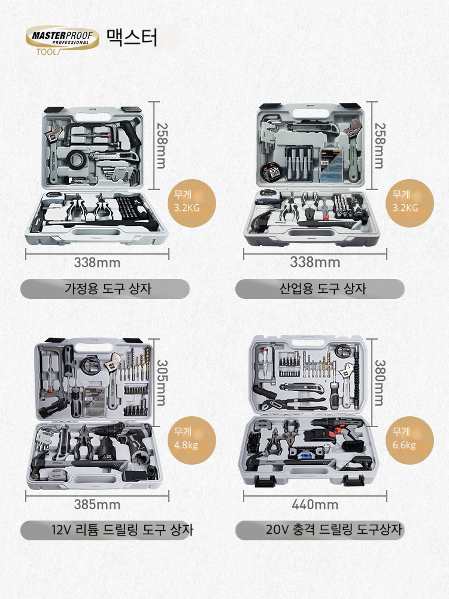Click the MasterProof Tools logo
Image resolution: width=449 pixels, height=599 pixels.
tap(62, 40)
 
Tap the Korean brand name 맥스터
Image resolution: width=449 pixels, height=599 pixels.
tap(132, 37)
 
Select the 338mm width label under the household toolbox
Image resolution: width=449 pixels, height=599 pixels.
tap(97, 262)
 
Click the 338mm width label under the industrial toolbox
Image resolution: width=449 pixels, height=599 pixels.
tap(315, 262)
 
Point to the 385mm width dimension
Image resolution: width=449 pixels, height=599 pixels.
tap(97, 504)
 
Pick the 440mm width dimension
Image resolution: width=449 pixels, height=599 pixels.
tap(315, 504)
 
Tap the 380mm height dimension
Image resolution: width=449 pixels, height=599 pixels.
tap(379, 383)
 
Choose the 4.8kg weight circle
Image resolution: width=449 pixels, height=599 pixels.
tap(192, 440)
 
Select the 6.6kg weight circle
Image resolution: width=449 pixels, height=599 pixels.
tap(410, 440)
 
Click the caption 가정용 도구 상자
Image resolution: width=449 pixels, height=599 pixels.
tap(108, 288)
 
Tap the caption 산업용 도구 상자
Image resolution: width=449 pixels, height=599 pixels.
tap(323, 288)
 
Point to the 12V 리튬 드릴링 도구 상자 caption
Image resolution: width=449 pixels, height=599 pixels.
tap(122, 530)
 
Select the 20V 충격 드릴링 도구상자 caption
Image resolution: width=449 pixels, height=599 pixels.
tap(333, 530)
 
